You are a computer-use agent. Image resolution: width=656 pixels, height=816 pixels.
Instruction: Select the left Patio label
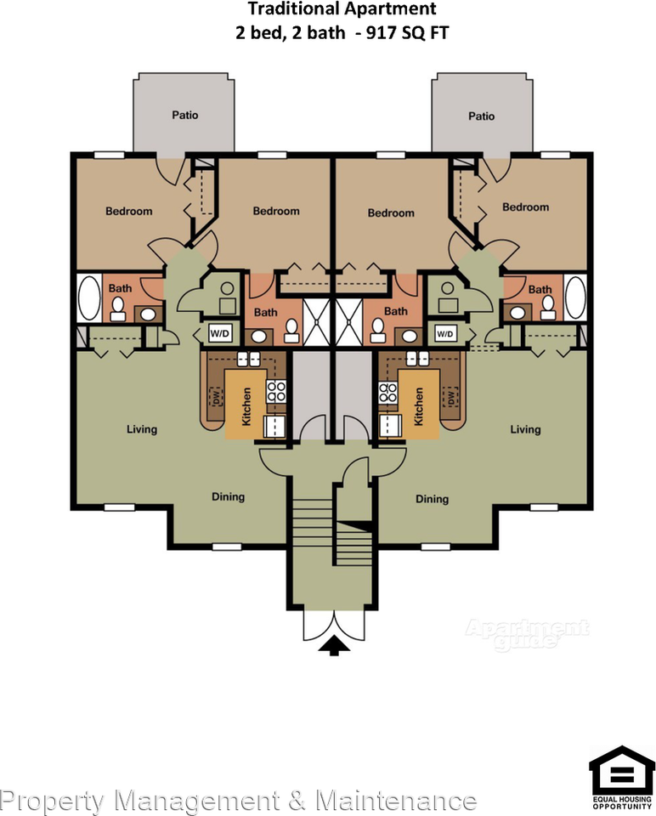point(185,115)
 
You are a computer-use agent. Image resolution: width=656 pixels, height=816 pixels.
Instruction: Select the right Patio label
point(481,116)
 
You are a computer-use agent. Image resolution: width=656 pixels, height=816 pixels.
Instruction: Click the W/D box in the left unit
point(219,333)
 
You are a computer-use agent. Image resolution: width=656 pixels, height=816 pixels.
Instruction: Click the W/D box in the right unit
point(444,333)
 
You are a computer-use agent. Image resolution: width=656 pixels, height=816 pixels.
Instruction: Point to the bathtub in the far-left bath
point(89,298)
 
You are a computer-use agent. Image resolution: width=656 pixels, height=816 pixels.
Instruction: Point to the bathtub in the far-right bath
point(574,297)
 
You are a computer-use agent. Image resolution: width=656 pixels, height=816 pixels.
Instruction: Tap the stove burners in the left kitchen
point(276,391)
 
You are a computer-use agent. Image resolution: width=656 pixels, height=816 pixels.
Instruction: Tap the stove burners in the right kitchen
point(388,392)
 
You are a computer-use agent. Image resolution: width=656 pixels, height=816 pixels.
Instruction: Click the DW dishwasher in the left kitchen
point(214,397)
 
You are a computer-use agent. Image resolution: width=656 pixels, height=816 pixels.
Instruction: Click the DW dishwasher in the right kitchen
point(450,397)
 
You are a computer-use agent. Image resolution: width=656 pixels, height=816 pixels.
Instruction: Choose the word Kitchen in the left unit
point(246,406)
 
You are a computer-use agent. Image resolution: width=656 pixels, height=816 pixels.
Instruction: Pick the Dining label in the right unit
point(432,499)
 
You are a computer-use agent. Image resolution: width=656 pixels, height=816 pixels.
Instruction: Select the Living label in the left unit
point(142,429)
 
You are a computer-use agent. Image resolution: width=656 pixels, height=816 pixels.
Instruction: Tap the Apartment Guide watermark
point(527,634)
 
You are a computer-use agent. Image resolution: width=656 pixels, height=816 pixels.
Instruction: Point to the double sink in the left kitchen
point(248,358)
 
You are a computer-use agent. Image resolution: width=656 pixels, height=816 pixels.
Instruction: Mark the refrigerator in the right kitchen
point(390,426)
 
